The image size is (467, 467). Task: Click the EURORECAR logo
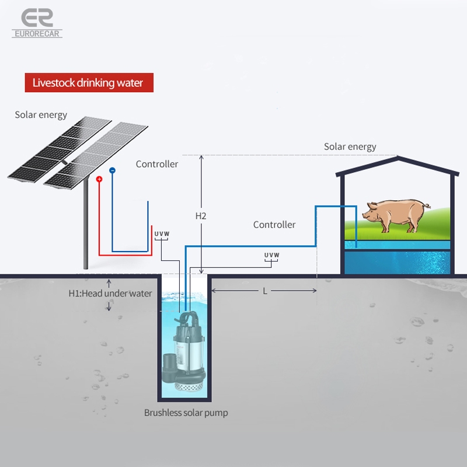click(36, 23)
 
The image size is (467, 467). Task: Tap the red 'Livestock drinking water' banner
click(88, 82)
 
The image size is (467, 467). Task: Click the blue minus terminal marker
click(113, 170)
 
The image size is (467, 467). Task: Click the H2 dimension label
click(201, 215)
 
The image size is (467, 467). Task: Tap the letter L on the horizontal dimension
click(264, 290)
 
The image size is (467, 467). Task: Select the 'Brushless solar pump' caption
click(186, 413)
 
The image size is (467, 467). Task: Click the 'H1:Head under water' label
click(110, 293)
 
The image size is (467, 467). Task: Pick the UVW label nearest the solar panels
click(162, 234)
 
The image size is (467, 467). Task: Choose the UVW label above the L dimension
click(271, 255)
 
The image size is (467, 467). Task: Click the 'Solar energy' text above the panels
click(41, 114)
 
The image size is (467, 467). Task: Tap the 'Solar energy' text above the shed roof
click(350, 147)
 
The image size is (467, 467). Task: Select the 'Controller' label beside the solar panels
click(157, 164)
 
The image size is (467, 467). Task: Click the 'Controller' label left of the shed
click(274, 224)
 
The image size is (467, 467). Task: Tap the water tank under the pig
click(398, 262)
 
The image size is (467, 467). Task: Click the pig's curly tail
click(428, 205)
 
